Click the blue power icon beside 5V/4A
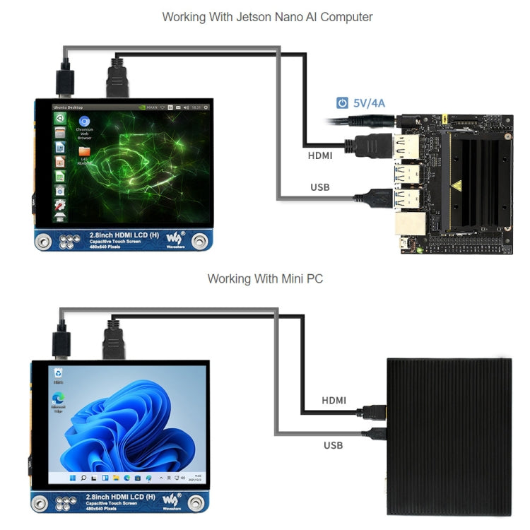point(342,103)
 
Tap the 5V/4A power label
point(369,103)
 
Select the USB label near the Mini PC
point(333,445)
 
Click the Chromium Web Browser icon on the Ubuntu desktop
point(85,124)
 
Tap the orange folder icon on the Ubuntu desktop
point(85,151)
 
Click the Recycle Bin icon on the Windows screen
point(58,373)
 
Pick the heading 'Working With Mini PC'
point(265,279)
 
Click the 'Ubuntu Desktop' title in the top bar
point(67,107)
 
